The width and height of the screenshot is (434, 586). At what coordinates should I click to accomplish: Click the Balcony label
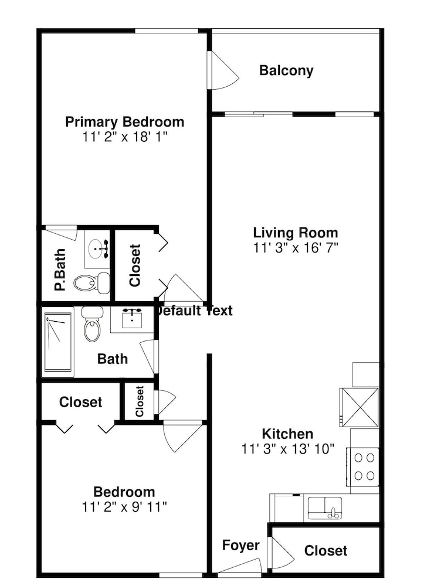tap(286, 71)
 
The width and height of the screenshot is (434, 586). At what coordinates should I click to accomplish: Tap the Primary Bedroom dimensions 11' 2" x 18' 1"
tap(124, 137)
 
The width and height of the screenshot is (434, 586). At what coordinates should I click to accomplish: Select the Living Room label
tap(296, 233)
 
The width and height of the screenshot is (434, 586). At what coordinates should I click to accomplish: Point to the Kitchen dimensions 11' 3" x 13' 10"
tap(288, 449)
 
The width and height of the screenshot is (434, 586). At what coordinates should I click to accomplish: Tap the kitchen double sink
tap(325, 508)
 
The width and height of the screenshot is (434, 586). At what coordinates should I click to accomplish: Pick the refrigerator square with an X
tap(359, 407)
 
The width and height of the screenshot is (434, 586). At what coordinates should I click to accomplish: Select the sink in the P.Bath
tap(98, 248)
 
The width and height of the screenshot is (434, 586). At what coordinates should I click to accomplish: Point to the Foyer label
tap(240, 545)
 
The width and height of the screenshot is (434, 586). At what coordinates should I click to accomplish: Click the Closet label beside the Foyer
tap(325, 550)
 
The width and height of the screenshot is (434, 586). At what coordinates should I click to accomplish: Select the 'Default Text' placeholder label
tap(194, 311)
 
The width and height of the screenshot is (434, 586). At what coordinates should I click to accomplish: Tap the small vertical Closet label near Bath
tap(140, 401)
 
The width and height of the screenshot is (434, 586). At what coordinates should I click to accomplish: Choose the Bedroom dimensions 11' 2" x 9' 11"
tap(124, 507)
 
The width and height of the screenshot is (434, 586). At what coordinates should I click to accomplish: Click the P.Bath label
tap(60, 270)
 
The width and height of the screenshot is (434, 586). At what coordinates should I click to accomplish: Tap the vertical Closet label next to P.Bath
tap(135, 265)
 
